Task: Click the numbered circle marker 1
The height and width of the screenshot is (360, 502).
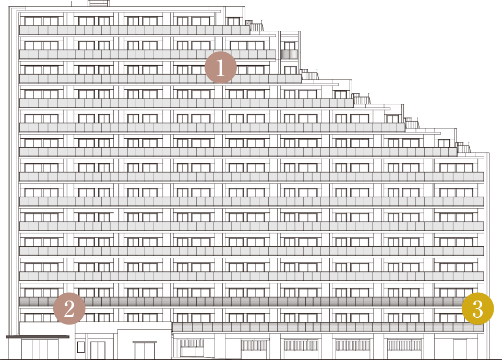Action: click(221, 67)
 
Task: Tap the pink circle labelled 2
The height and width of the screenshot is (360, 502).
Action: click(69, 308)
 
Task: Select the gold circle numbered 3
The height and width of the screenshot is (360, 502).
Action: click(477, 308)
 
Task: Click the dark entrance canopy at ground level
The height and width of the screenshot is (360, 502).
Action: click(38, 337)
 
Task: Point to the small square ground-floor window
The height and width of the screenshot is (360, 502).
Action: click(81, 347)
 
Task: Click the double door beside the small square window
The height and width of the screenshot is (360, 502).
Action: click(98, 351)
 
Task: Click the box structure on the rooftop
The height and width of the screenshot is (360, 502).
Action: click(98, 3)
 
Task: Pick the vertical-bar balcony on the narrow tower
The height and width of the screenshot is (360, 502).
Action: click(290, 54)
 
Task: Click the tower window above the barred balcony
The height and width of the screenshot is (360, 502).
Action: click(290, 45)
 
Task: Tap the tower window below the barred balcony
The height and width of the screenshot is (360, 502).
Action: click(290, 70)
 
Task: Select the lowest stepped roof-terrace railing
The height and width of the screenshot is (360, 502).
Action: click(463, 148)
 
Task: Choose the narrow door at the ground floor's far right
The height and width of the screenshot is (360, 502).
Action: click(461, 349)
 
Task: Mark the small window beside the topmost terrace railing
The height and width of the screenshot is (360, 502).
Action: click(234, 21)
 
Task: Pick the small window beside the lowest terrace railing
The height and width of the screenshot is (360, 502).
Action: click(444, 143)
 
